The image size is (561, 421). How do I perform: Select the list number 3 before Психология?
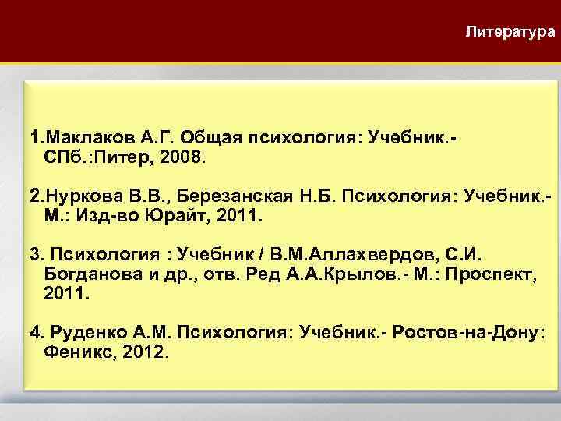point(34,253)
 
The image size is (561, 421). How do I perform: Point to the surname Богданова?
point(89,271)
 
